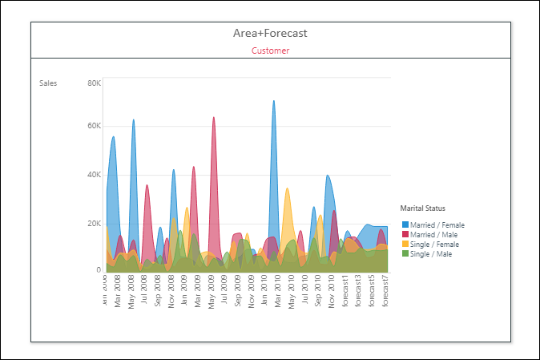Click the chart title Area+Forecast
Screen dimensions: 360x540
click(270, 33)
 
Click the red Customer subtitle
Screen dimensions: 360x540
click(270, 51)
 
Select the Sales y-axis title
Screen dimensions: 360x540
click(48, 83)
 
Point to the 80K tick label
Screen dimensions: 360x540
click(94, 83)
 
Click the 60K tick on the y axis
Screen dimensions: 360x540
click(94, 126)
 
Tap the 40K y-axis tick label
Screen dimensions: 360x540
click(94, 175)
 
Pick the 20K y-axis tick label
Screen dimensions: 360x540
click(94, 224)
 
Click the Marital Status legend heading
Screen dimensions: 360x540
click(422, 208)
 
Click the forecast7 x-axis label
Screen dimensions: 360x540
click(385, 289)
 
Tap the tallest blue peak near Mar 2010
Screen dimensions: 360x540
click(273, 104)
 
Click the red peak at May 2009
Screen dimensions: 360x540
click(213, 120)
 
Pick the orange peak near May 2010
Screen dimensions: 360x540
click(287, 192)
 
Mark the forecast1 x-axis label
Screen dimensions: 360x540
click(345, 289)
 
